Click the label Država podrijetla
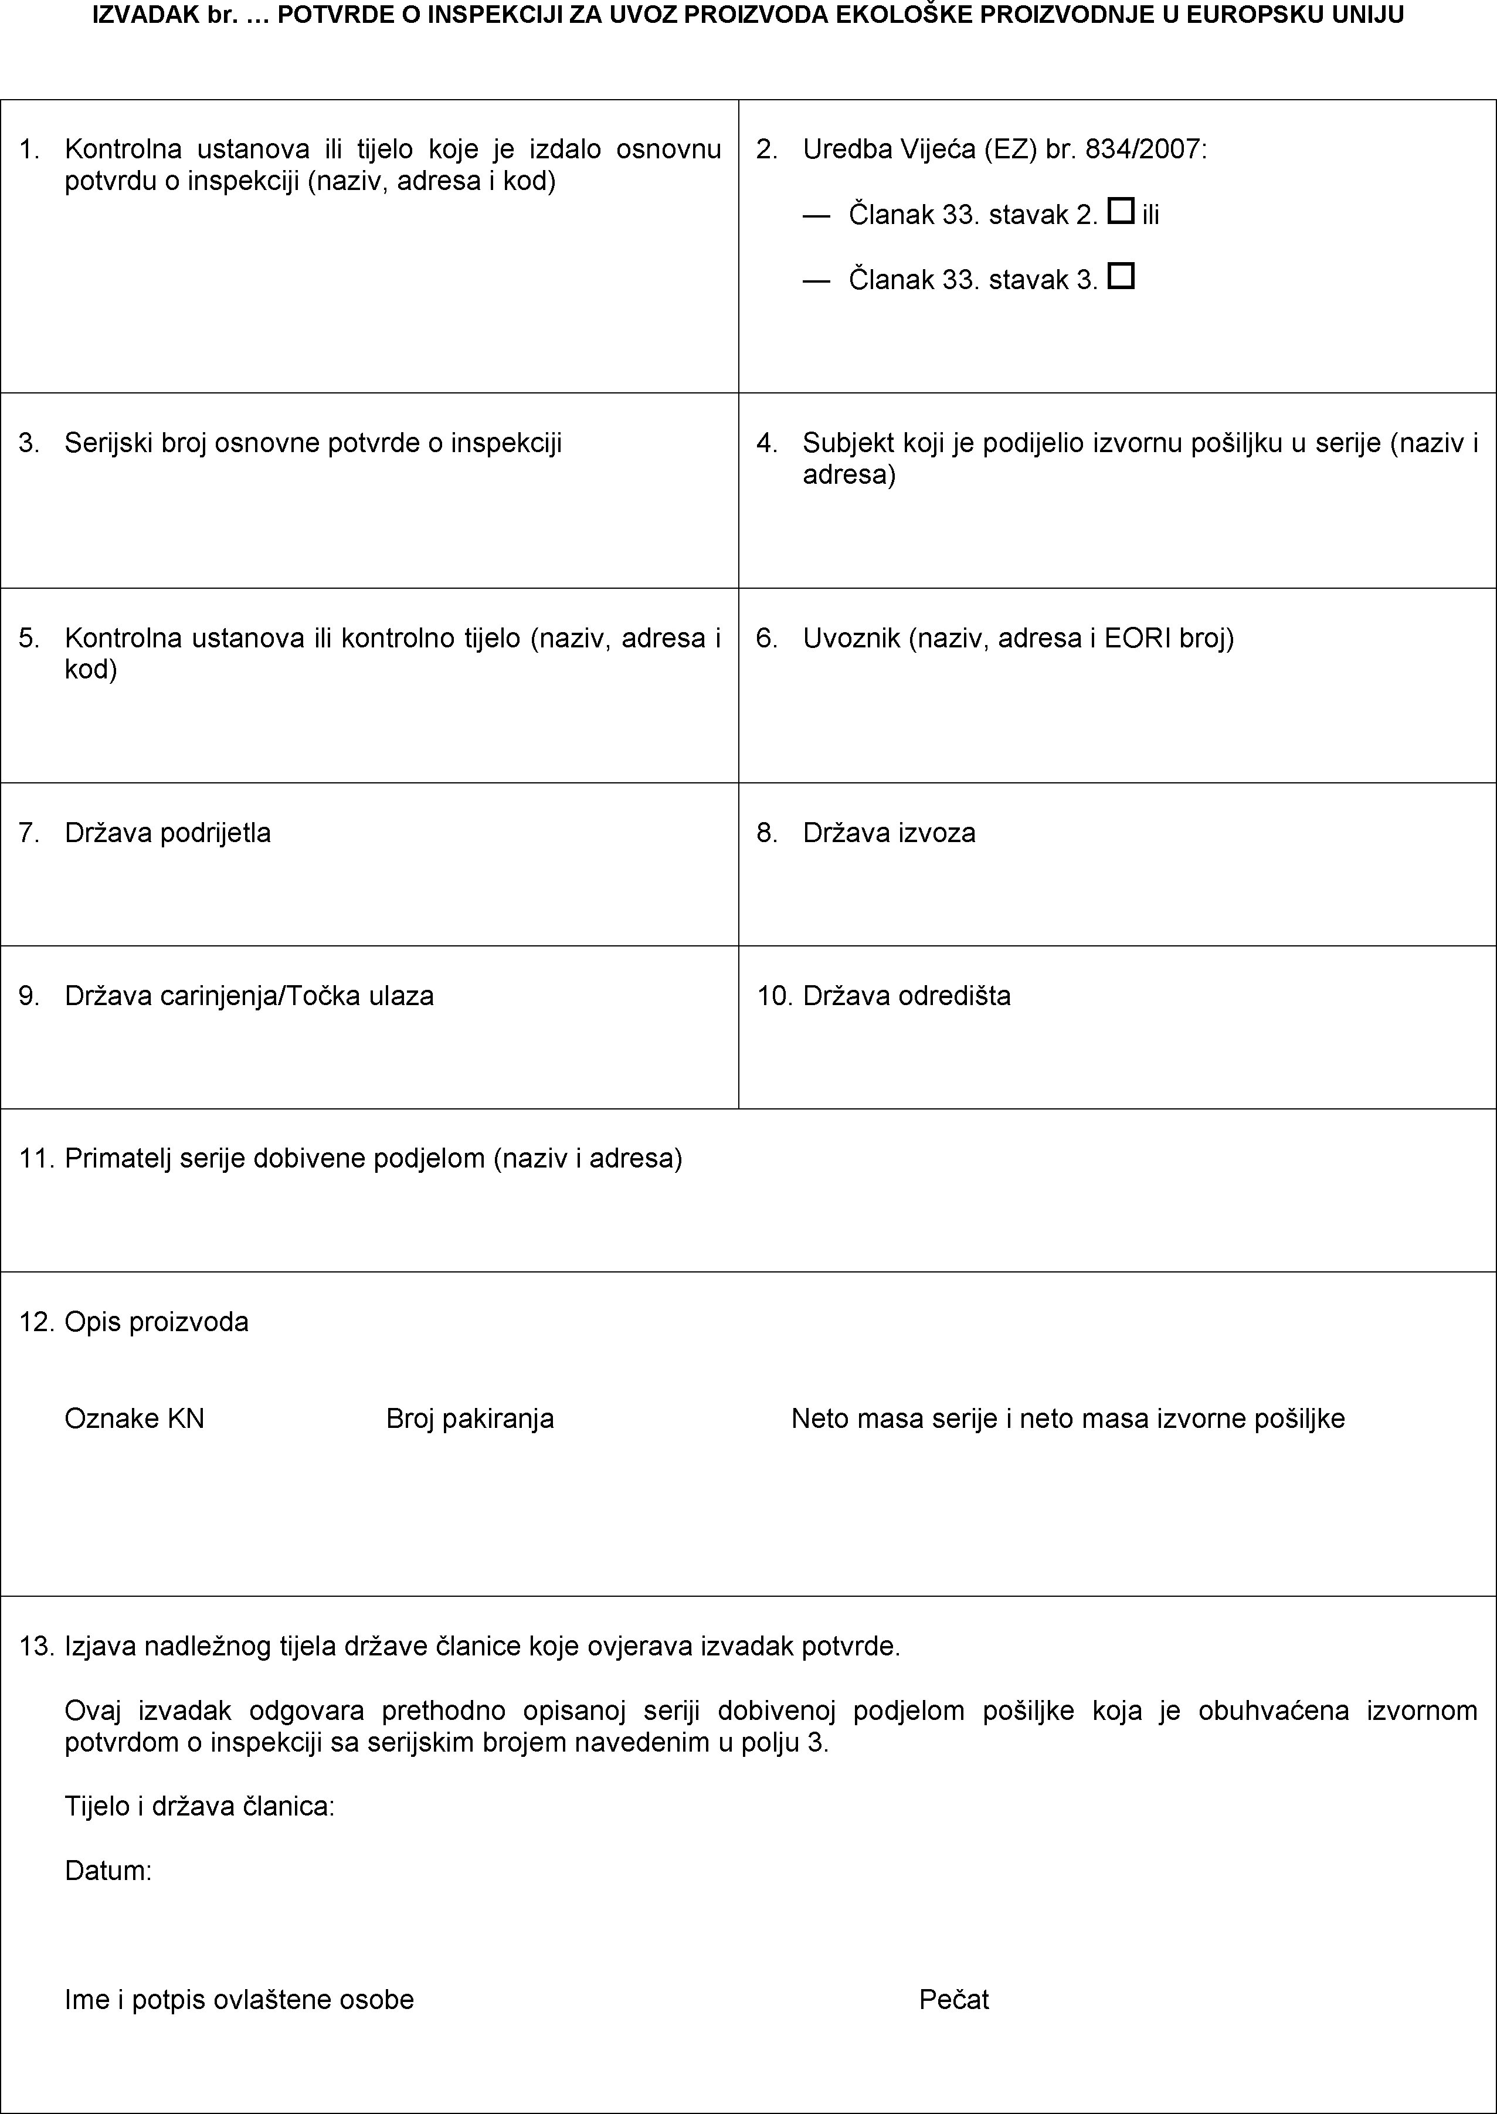168,833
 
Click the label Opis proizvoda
157,1322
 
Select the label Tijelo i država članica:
199,1806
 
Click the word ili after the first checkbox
1150,215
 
